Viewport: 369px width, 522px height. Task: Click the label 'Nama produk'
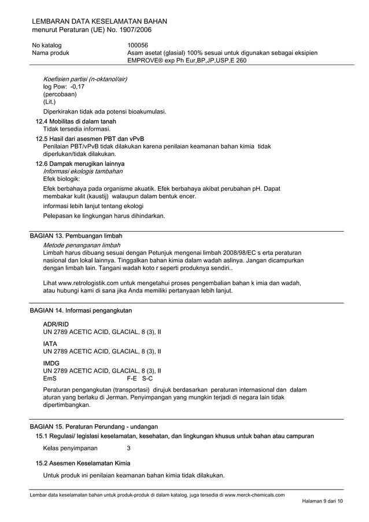[51, 53]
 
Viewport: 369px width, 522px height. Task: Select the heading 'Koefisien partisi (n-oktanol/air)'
[85, 79]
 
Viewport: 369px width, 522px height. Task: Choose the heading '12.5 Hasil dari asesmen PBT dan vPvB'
[90, 139]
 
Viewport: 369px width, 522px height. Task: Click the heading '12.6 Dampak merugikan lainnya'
[80, 164]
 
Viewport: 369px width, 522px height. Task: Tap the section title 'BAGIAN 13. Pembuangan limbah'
[76, 236]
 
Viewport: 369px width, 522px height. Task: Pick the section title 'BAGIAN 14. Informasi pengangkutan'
[80, 310]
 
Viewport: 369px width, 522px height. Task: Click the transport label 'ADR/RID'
[56, 324]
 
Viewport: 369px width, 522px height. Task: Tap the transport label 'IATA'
[50, 343]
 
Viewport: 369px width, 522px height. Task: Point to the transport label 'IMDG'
[51, 363]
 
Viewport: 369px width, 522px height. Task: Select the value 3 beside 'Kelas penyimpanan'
[129, 448]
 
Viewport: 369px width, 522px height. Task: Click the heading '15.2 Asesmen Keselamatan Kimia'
[83, 463]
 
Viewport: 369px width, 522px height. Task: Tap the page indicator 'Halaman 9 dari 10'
[322, 501]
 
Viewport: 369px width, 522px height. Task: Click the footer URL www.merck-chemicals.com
[254, 495]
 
